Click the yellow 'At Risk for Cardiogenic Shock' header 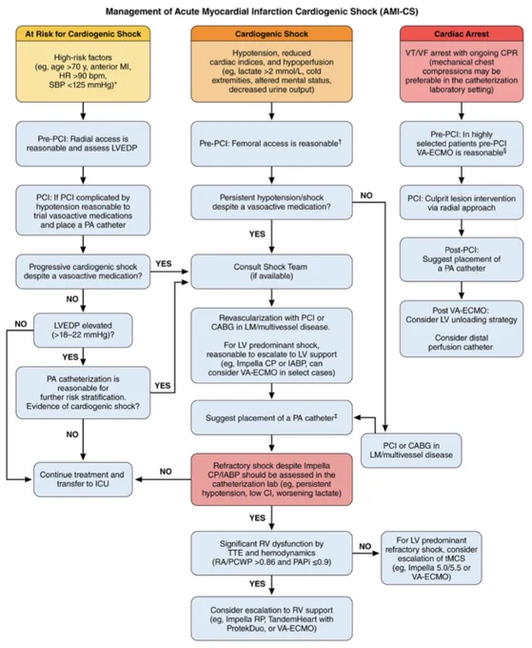point(83,33)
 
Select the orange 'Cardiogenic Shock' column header point(271,33)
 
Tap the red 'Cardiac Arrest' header point(462,33)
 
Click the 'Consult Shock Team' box point(271,272)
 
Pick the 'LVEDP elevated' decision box point(83,330)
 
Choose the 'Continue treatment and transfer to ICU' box point(83,479)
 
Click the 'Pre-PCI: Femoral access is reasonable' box point(271,144)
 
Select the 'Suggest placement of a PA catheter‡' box point(271,417)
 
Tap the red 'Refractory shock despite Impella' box point(271,479)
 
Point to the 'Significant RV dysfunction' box point(271,553)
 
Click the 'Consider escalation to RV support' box point(271,618)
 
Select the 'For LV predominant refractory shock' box point(431,557)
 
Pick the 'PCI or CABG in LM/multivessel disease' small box point(411,451)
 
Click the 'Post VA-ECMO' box point(462,329)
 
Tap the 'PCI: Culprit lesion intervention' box point(462,202)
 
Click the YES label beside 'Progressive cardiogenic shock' point(164,264)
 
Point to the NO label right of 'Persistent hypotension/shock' point(366,195)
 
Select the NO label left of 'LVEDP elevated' point(21,324)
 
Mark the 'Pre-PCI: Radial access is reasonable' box point(83,144)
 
